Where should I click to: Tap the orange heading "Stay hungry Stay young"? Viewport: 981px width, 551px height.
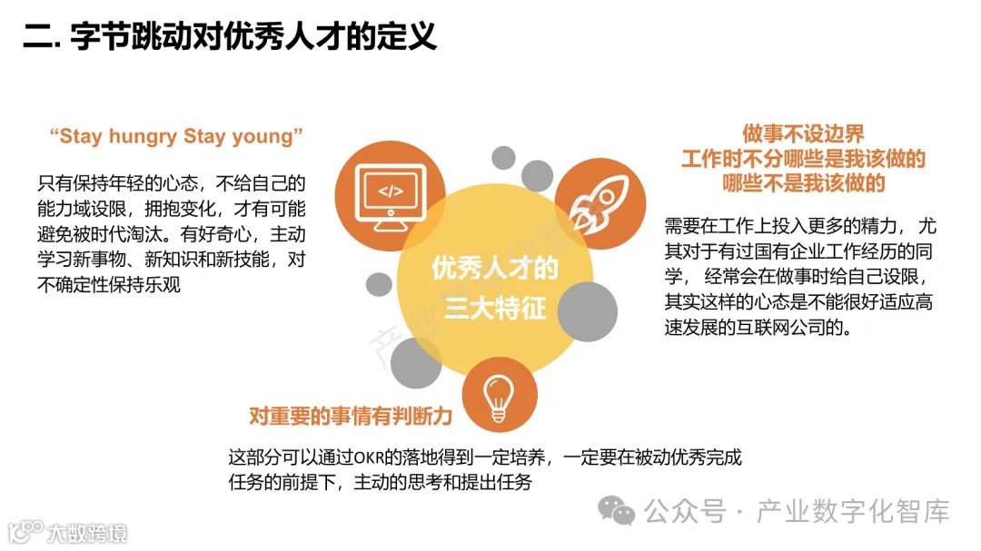point(176,137)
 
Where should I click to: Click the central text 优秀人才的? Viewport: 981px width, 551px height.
point(495,269)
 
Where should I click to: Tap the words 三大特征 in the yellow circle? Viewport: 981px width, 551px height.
point(495,309)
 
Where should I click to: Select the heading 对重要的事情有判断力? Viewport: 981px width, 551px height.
point(351,417)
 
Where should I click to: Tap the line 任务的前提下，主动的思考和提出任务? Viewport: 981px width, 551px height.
point(380,482)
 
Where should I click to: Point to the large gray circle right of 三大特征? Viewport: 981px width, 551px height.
point(586,312)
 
